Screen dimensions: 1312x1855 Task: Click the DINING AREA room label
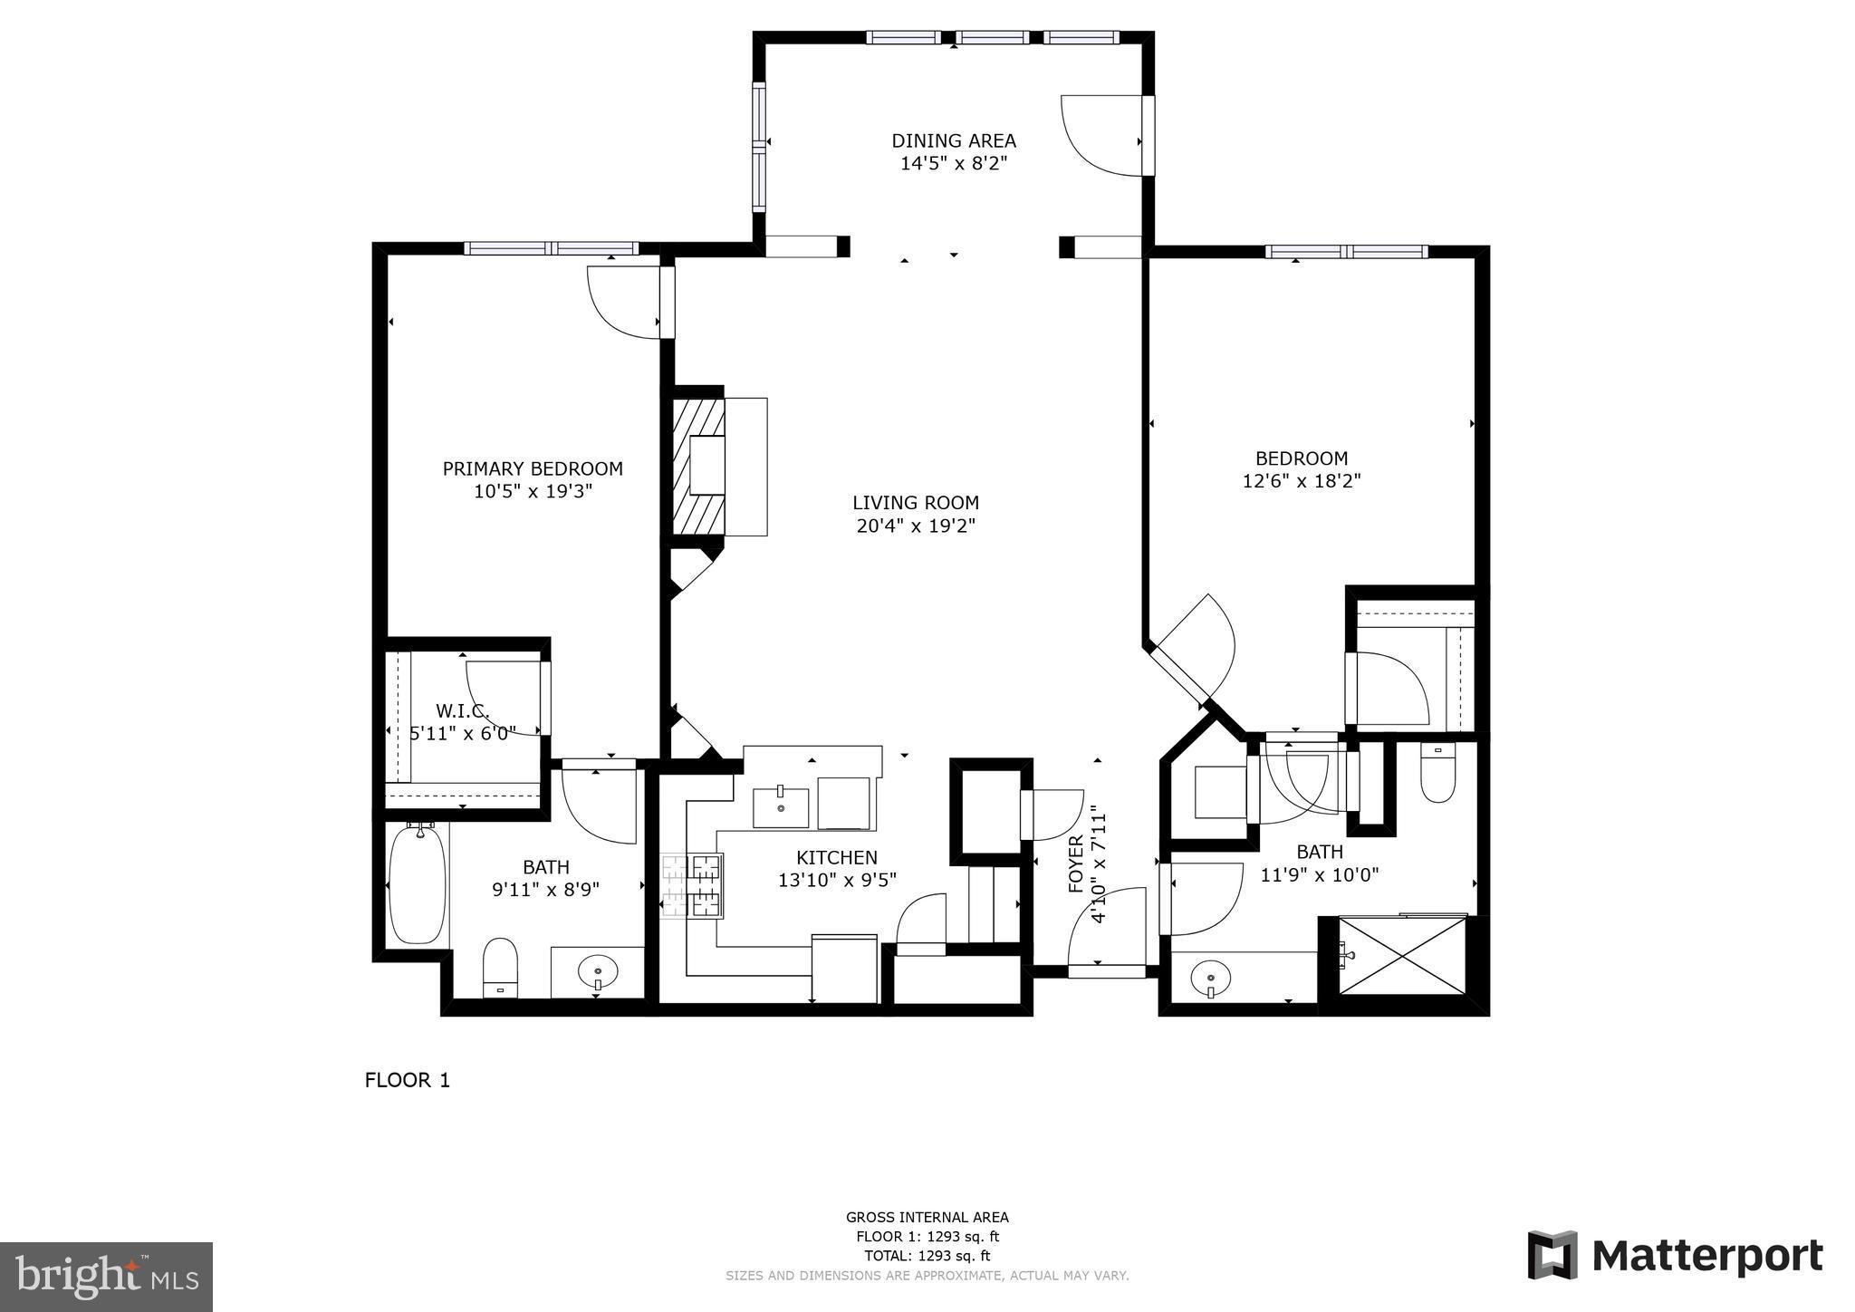[953, 140]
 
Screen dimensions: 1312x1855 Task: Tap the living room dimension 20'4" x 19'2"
[915, 526]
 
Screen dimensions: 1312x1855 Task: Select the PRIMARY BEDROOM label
[533, 468]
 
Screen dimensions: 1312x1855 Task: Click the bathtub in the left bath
[417, 883]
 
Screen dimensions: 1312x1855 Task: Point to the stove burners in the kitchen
[693, 885]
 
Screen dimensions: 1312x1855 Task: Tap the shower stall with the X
[1401, 955]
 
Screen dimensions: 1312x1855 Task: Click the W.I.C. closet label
[463, 709]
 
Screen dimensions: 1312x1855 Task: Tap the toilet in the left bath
[499, 967]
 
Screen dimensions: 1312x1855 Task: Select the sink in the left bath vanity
[598, 973]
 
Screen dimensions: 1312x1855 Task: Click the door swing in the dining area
[1101, 136]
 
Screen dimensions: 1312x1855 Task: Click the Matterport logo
[1675, 1256]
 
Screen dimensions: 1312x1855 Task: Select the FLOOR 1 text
[407, 1080]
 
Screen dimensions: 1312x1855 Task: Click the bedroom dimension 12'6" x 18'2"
[1301, 481]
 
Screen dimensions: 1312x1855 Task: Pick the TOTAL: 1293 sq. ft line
[927, 1256]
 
